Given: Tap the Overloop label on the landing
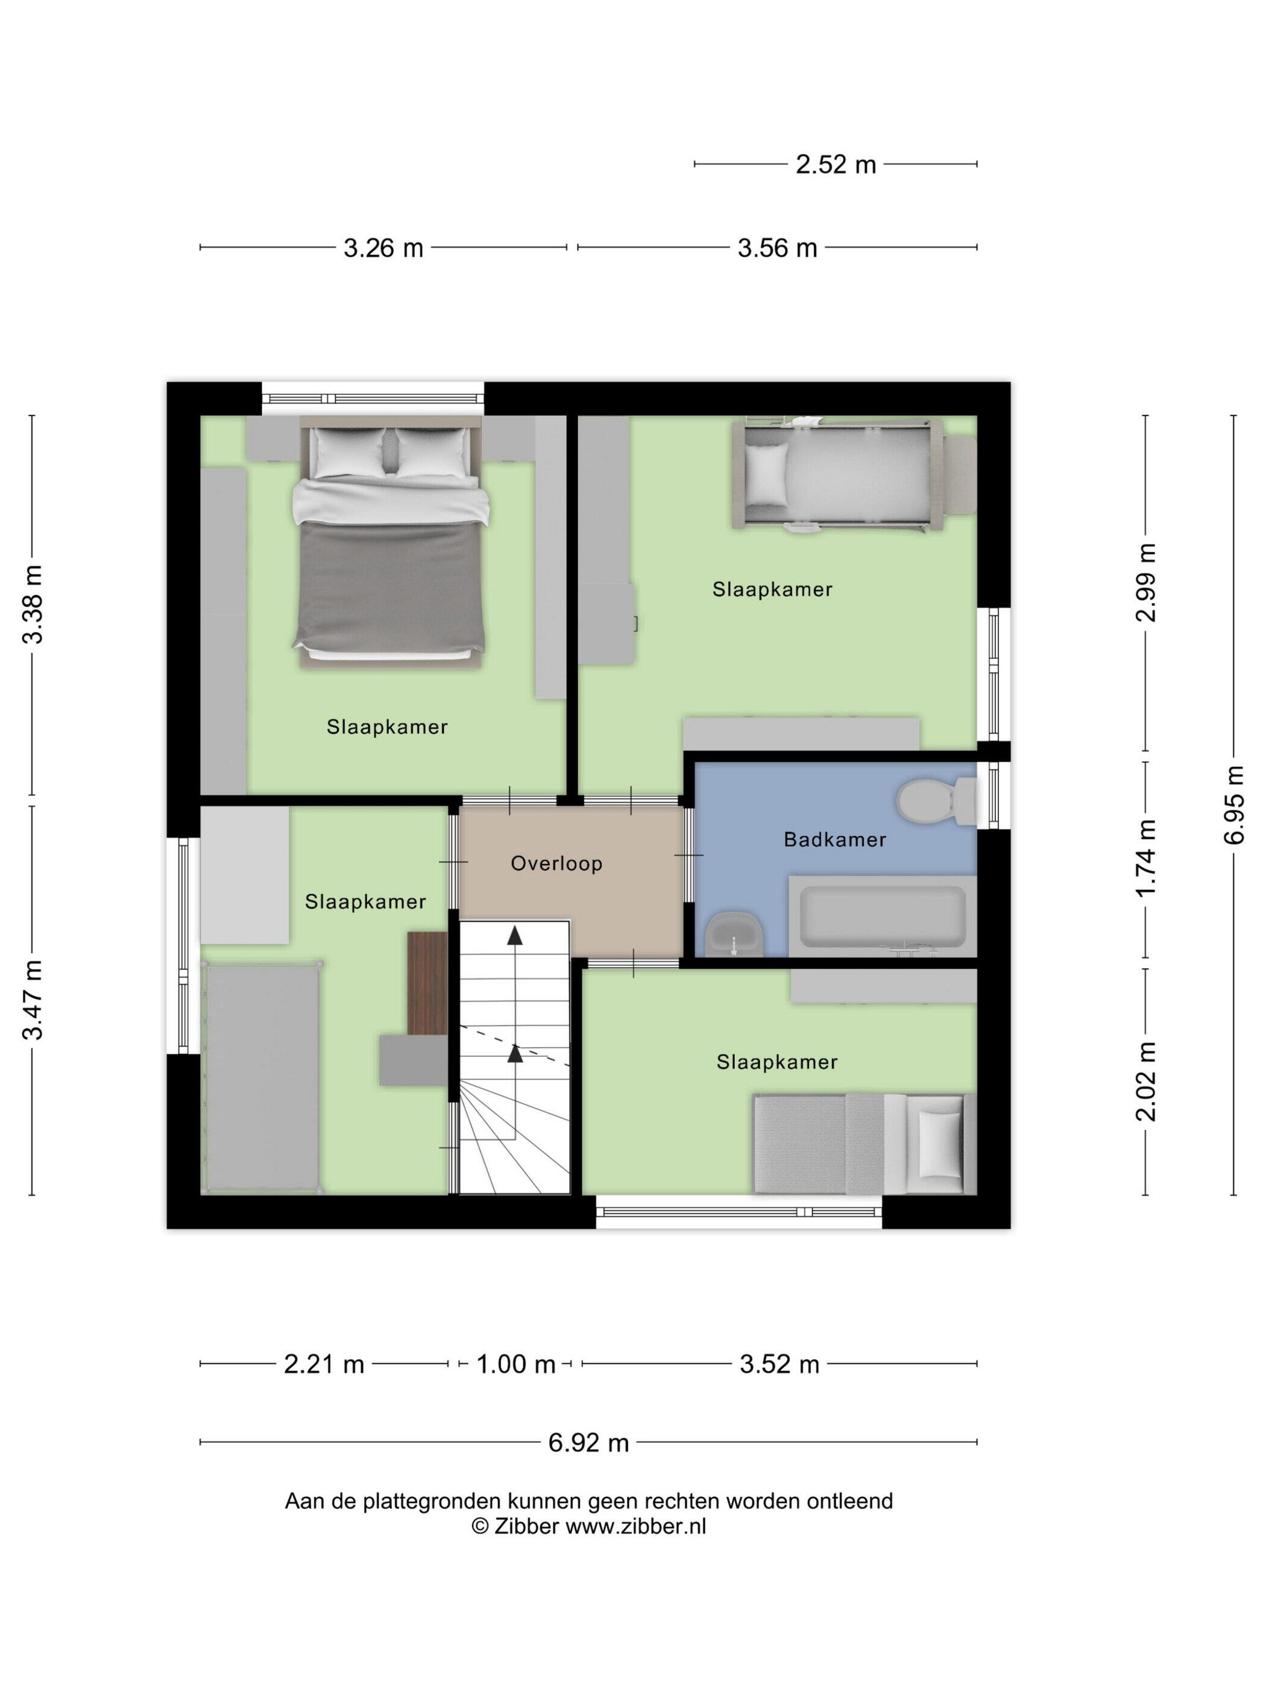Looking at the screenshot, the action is coord(556,863).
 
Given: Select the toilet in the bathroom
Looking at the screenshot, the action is coord(936,801).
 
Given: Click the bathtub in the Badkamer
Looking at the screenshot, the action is coord(882,916).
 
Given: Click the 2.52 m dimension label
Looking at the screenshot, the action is coord(836,164).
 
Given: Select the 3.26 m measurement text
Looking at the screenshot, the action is coord(383,248).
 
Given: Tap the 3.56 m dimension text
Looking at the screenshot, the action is coord(777,248).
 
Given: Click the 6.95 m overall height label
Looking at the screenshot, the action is coord(1234,804).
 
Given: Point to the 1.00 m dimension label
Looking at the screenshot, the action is coord(516,1364).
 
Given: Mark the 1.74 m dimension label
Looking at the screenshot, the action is coord(1145,858).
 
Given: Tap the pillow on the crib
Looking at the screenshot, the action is coord(766,474).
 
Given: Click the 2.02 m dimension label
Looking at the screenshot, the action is coord(1145,1082).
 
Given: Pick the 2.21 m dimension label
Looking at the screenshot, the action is coord(324,1364).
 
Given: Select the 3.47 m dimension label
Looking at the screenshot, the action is coord(32,1000).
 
